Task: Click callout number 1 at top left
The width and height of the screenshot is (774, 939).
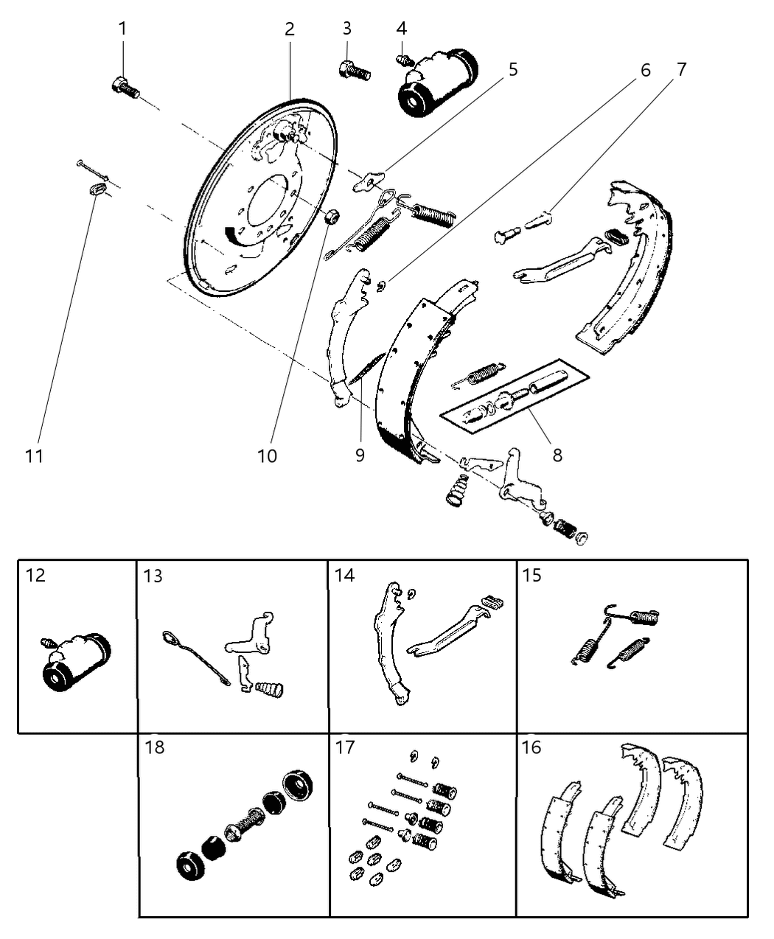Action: pos(122,29)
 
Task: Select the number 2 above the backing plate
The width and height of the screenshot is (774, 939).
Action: pos(290,29)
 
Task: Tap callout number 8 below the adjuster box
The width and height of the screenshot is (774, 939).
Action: pos(557,455)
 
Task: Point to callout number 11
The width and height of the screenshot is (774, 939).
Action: pos(34,456)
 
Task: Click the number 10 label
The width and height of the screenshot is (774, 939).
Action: pos(267,456)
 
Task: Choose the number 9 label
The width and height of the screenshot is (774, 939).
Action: pos(360,455)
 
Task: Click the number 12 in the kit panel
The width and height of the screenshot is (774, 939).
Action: pos(35,574)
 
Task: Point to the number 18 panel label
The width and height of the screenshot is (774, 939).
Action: pos(155,747)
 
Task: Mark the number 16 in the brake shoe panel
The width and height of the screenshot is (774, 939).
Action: pos(531,747)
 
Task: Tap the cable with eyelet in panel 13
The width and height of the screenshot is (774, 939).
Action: pos(195,656)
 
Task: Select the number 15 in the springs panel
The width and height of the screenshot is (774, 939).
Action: pos(532,574)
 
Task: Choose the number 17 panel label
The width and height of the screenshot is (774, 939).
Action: pos(344,747)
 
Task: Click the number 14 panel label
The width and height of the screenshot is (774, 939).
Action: pos(344,574)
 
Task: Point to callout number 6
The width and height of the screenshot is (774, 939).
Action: pos(645,70)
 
